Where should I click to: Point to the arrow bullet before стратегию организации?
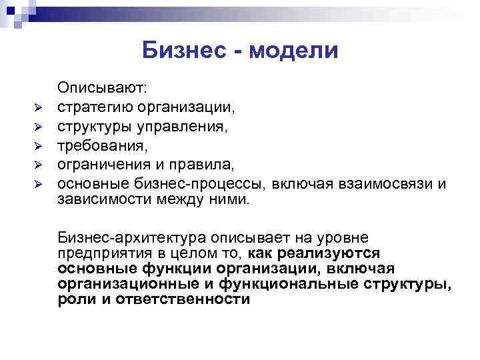tap(39, 107)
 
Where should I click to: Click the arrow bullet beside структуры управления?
tap(39, 126)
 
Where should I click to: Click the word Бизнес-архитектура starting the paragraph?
tap(131, 238)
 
